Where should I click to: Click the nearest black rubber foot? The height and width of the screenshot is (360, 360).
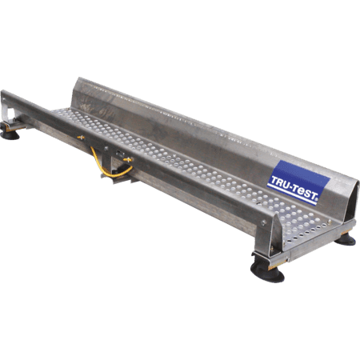(x=268, y=274)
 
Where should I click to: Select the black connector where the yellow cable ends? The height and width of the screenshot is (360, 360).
(x=119, y=169)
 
